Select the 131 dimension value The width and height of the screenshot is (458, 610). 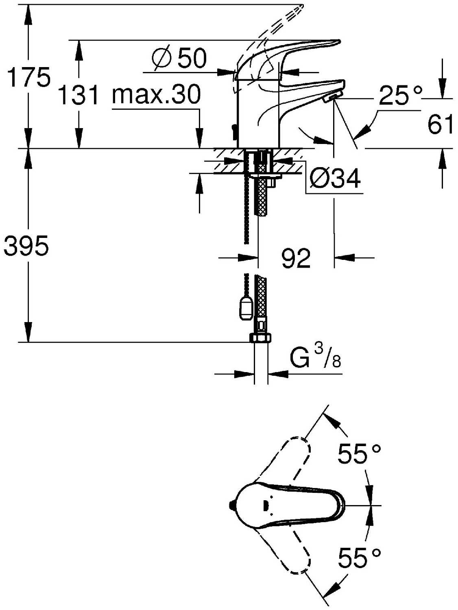tap(79, 95)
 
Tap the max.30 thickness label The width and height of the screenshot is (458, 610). tap(156, 94)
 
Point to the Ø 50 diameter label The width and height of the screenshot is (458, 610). tap(179, 58)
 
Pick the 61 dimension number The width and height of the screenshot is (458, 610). tap(440, 124)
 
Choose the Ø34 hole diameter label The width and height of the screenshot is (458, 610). tap(335, 178)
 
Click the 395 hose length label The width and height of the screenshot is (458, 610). tap(26, 246)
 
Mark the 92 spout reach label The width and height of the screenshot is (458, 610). tap(296, 258)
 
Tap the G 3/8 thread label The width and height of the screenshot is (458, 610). tap(315, 358)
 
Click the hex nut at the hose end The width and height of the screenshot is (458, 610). tap(260, 338)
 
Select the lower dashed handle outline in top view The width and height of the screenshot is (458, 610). tap(284, 549)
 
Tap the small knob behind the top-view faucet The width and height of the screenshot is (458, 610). tap(231, 505)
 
